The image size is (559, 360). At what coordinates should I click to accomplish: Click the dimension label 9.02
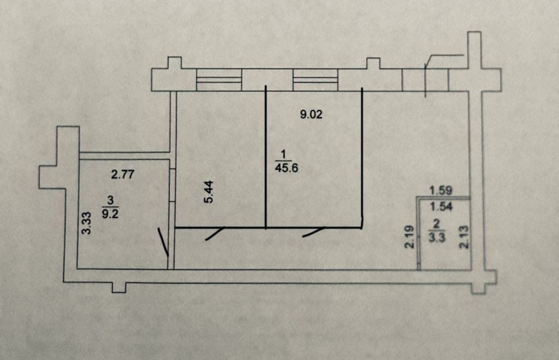311,114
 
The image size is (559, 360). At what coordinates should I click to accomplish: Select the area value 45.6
287,168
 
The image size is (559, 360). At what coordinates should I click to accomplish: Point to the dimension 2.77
123,174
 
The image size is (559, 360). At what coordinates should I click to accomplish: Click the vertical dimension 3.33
87,223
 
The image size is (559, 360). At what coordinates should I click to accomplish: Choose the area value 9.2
110,214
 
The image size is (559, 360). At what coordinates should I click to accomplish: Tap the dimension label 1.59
441,190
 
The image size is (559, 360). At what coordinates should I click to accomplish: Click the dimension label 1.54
441,206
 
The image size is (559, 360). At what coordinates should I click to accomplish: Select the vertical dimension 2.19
409,236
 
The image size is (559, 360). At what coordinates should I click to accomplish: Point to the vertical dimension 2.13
464,236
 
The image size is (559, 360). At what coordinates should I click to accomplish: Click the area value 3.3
437,238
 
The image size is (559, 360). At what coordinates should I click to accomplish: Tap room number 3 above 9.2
110,200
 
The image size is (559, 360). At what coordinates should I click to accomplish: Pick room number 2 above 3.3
436,224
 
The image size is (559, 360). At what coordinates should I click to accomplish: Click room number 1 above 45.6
283,155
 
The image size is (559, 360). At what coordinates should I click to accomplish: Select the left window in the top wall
219,80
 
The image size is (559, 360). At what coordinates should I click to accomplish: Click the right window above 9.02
315,80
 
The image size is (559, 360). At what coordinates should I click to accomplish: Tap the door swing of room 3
163,242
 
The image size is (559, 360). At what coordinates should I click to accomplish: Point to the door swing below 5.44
215,233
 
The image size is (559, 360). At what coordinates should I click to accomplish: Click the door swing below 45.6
314,231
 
